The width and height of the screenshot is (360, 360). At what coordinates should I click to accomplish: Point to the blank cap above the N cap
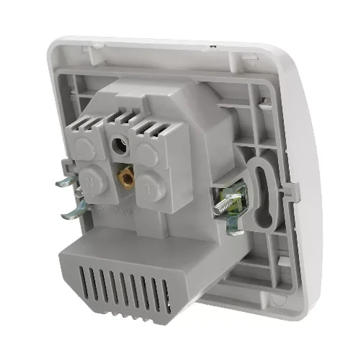click(x=84, y=148)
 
